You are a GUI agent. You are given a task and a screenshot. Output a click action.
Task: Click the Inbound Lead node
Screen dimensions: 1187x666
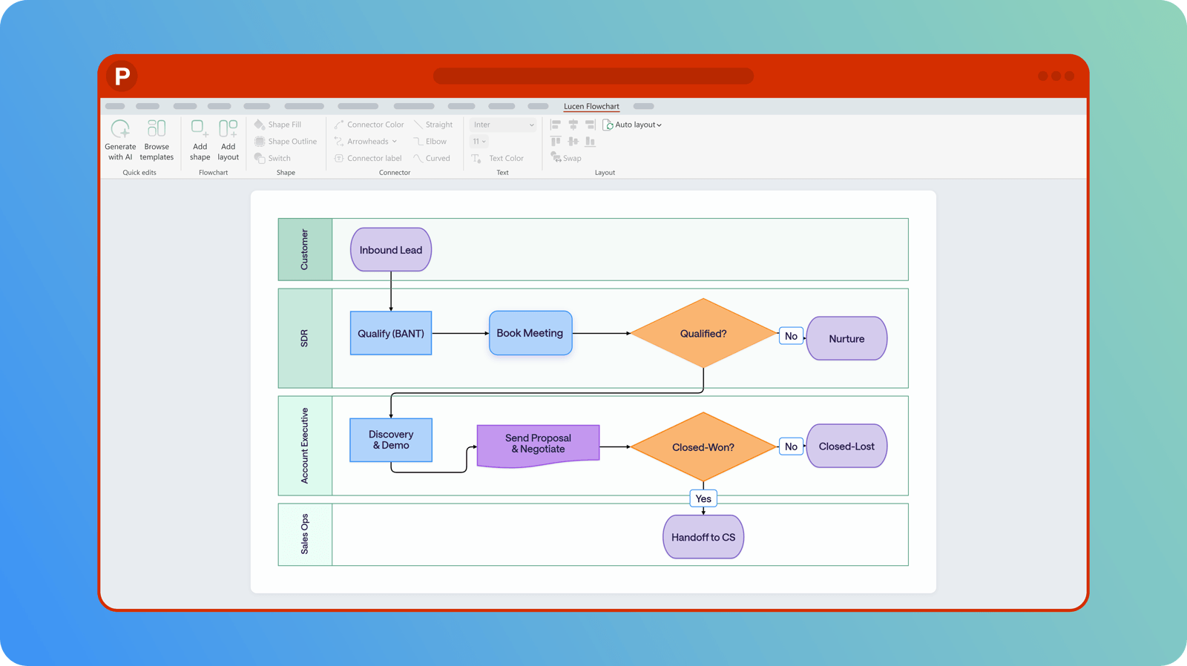[x=390, y=249]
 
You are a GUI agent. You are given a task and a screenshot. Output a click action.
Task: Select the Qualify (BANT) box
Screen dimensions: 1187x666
[x=390, y=333]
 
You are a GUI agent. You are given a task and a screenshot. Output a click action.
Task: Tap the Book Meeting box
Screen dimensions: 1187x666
[x=530, y=333]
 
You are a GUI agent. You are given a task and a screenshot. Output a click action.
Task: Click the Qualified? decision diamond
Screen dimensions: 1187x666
[x=703, y=333]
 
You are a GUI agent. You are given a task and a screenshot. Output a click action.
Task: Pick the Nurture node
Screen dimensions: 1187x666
[x=846, y=339]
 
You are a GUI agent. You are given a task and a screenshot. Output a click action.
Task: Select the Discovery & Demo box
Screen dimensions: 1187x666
[x=390, y=440]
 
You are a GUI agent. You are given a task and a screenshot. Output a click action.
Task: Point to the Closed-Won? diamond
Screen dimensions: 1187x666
[x=703, y=446]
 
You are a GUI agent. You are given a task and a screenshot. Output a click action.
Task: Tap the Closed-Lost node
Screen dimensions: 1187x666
[x=846, y=446]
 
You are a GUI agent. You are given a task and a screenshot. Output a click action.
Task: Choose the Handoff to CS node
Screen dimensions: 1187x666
[x=703, y=537]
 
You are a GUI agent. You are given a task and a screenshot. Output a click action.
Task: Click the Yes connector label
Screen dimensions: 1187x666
[x=703, y=498]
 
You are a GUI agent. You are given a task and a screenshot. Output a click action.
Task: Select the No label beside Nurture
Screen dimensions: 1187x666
[x=791, y=336]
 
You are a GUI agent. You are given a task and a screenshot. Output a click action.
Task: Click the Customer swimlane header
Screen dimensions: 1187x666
[x=305, y=249]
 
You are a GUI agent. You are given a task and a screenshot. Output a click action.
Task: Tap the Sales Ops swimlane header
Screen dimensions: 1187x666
[x=305, y=534]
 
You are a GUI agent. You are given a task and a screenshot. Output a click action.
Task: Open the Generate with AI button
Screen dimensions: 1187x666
[x=120, y=140]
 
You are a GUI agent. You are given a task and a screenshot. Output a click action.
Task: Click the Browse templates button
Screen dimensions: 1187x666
[x=157, y=140]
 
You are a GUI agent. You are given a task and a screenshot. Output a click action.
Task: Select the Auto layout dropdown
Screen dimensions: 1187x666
[x=632, y=125]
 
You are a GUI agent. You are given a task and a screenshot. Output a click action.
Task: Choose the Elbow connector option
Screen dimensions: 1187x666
[x=430, y=142]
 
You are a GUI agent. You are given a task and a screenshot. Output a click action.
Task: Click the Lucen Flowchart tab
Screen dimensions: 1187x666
[x=591, y=107]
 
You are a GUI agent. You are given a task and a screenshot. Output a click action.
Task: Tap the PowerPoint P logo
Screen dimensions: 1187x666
[x=122, y=76]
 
